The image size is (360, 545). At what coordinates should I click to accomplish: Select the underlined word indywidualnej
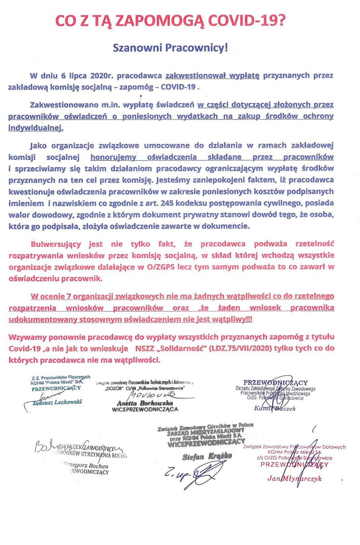(35, 128)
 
